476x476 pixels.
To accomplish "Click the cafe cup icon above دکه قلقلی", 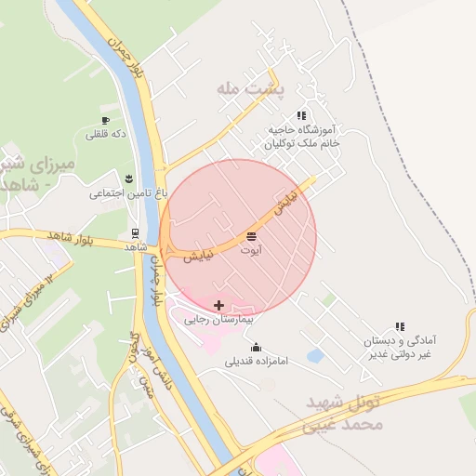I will coord(105,121).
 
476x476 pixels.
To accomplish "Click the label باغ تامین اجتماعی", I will coord(128,193).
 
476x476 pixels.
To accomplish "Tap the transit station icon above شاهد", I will coord(136,233).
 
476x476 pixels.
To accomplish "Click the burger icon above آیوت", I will coord(252,236).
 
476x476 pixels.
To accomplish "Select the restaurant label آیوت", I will coord(252,250).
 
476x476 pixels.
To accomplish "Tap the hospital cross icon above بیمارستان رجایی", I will coord(218,305).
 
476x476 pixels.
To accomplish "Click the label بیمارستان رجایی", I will coord(220,319).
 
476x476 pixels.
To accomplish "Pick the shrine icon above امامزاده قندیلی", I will coord(257,347).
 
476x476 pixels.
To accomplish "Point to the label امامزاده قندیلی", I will coord(258,361).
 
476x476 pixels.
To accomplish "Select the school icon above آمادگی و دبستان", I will coord(401,327).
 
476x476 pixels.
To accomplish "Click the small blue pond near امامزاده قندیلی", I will coord(314,355).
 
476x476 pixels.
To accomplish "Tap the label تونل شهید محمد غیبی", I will coord(344,415).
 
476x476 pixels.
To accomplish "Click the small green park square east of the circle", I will coord(329,299).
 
